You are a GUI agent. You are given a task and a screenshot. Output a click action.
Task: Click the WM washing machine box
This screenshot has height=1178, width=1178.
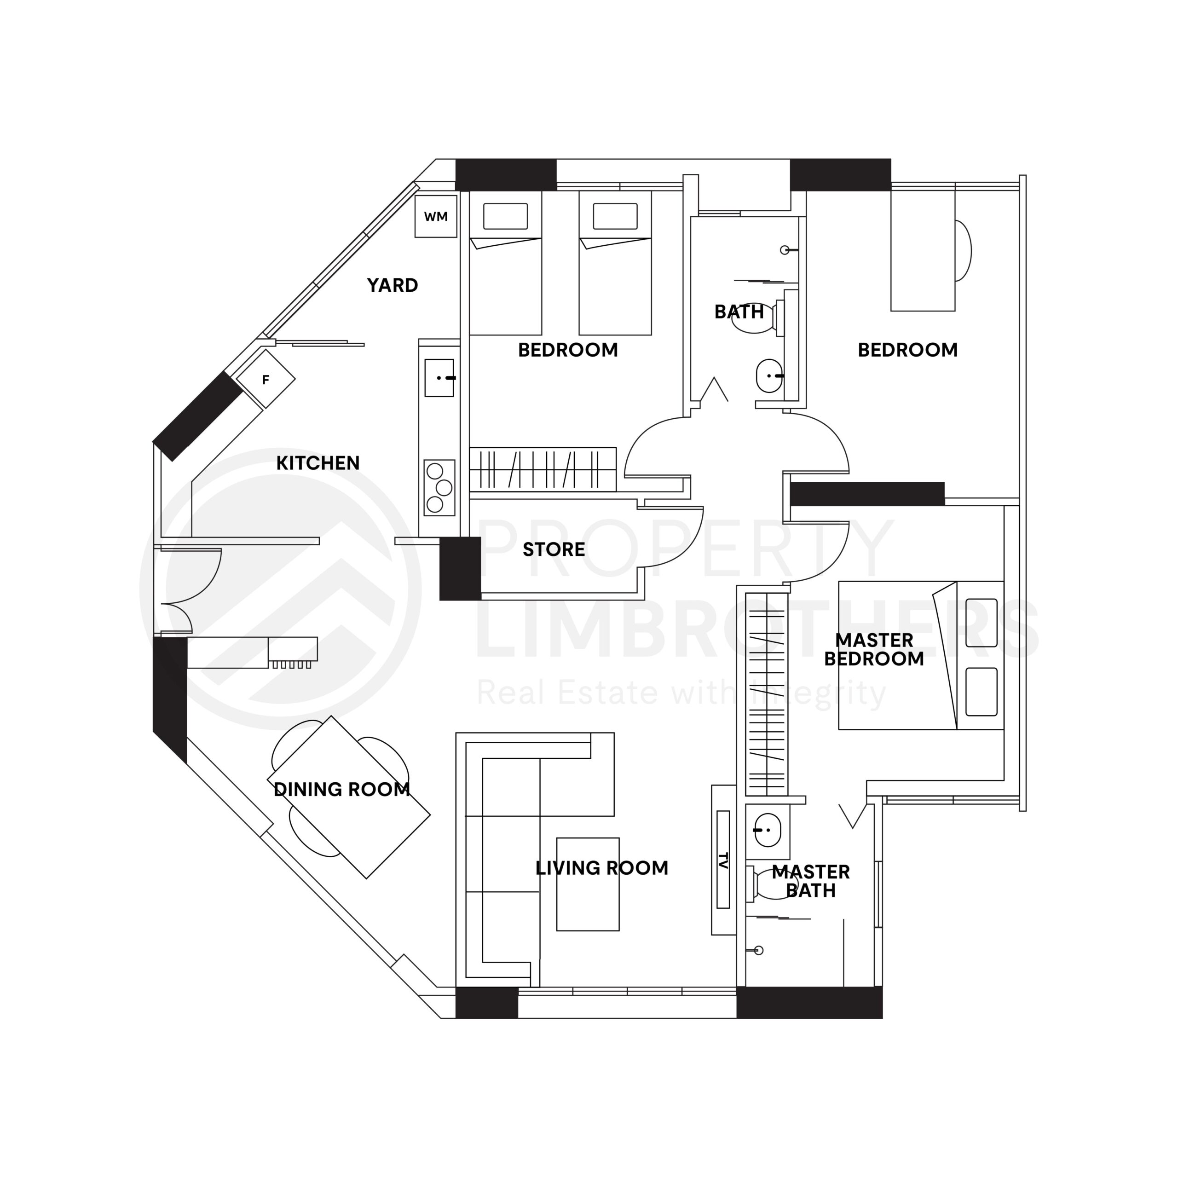pyautogui.click(x=435, y=216)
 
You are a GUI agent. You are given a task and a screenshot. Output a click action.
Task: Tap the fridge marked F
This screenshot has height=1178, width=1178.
pyautogui.click(x=266, y=379)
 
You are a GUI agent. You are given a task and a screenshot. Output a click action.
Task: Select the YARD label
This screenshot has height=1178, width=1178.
pyautogui.click(x=392, y=285)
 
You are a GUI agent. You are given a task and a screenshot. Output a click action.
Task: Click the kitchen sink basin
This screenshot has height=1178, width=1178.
pyautogui.click(x=439, y=378)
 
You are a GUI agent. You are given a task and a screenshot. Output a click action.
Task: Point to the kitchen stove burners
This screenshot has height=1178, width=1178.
pyautogui.click(x=439, y=488)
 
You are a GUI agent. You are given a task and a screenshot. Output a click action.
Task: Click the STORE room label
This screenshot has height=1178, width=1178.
pyautogui.click(x=554, y=549)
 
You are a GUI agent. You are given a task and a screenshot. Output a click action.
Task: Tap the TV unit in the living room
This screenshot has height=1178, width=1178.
pyautogui.click(x=723, y=860)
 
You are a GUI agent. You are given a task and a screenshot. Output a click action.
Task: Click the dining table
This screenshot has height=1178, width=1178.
pyautogui.click(x=349, y=797)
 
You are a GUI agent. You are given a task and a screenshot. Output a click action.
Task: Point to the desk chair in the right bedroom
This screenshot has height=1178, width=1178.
pyautogui.click(x=962, y=251)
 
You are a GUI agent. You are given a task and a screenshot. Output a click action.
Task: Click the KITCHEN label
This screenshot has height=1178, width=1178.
pyautogui.click(x=318, y=463)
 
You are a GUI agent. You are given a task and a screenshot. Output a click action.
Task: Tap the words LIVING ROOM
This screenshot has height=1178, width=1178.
pyautogui.click(x=601, y=868)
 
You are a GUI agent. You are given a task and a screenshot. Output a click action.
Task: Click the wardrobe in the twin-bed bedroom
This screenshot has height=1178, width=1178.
pyautogui.click(x=543, y=469)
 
